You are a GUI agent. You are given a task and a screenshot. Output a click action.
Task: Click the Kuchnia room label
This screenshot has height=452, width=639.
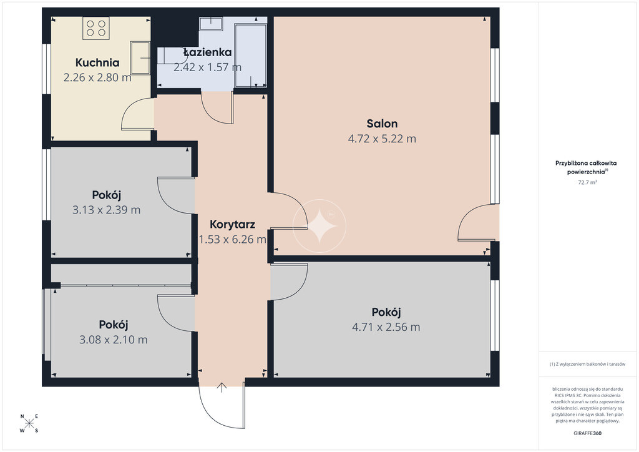coord(97,62)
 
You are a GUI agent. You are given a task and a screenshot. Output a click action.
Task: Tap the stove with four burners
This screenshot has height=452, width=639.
coord(96,28)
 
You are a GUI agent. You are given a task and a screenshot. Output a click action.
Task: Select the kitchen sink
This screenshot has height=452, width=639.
coord(140,58)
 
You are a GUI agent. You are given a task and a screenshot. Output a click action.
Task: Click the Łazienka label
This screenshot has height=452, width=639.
coord(207,52)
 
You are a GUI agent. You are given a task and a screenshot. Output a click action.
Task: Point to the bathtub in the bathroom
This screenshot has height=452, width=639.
coord(251,55)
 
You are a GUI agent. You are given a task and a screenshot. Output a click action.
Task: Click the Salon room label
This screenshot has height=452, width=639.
coord(382,124)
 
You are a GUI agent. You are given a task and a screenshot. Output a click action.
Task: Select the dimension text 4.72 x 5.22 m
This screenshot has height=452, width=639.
coord(382,139)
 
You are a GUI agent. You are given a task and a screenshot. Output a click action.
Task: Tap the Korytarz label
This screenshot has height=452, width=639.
coord(232,224)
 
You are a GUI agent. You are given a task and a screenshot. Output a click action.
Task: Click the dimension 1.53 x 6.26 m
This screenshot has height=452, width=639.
coord(232,239)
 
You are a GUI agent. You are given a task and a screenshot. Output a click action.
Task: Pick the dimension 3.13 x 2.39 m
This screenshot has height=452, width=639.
coord(106,210)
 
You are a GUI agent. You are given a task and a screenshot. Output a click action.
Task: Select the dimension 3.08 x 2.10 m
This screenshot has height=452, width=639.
coord(114,340)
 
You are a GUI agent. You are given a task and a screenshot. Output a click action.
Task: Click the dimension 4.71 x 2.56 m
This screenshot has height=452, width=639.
coord(386,327)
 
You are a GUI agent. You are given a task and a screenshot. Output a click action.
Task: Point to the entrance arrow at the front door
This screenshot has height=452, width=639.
coord(222,387)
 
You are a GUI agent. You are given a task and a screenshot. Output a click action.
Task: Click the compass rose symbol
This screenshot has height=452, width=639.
coord(29,423)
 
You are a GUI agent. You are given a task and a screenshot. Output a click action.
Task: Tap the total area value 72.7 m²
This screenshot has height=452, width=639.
coord(587,182)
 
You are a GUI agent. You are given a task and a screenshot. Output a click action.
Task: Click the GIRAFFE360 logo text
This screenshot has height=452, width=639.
coord(587,433)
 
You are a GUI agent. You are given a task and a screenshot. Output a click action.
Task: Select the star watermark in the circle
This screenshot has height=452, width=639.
coord(319,226)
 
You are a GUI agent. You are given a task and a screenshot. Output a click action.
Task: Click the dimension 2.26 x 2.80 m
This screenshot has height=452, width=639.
coord(97,77)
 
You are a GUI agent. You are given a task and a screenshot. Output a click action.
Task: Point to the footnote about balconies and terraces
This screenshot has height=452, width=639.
coord(587,364)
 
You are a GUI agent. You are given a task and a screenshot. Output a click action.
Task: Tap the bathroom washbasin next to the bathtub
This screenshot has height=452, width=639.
coord(211,23)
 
